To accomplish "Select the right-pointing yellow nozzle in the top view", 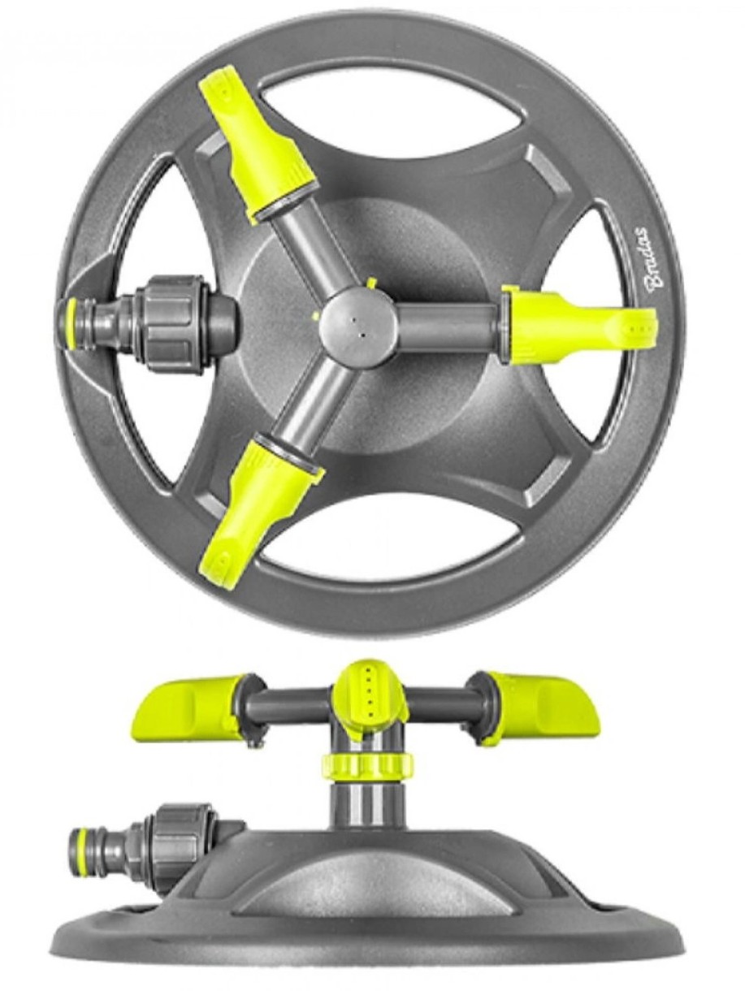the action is click(578, 326).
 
